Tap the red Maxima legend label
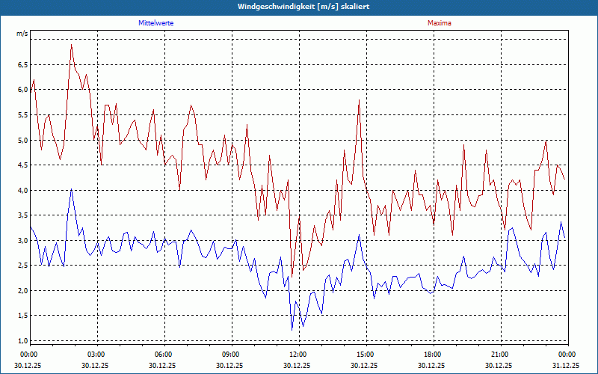pyautogui.click(x=439, y=23)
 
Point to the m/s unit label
pyautogui.click(x=22, y=34)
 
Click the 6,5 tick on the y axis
pyautogui.click(x=22, y=64)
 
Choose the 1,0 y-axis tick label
pyautogui.click(x=22, y=341)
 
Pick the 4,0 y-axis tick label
pyautogui.click(x=22, y=190)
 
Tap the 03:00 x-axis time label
pyautogui.click(x=96, y=355)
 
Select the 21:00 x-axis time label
pyautogui.click(x=500, y=355)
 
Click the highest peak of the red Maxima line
pyautogui.click(x=71, y=45)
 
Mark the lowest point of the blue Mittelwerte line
pyautogui.click(x=292, y=329)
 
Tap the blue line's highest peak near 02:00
pyautogui.click(x=71, y=189)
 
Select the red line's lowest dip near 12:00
pyautogui.click(x=292, y=277)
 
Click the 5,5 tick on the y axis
pyautogui.click(x=22, y=114)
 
